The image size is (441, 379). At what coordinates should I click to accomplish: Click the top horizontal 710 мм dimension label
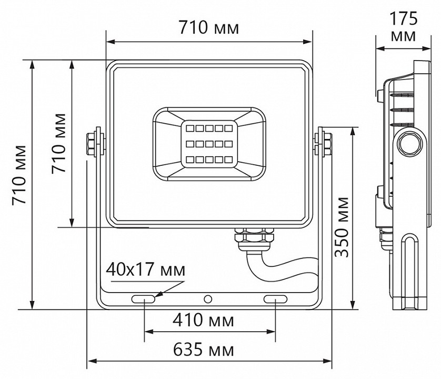(209, 27)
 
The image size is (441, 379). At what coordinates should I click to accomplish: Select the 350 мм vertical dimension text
(343, 226)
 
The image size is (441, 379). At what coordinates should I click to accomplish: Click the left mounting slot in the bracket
(144, 299)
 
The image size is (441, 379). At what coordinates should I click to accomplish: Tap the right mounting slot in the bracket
(276, 299)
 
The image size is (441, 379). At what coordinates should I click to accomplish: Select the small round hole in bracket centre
(208, 299)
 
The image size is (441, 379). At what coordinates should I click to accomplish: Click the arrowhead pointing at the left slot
(159, 295)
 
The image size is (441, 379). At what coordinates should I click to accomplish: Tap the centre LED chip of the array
(208, 143)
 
